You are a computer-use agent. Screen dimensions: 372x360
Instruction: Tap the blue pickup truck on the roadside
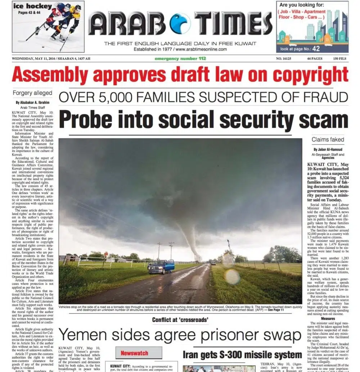tap(162, 267)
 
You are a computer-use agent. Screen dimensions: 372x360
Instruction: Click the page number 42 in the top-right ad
tap(316, 49)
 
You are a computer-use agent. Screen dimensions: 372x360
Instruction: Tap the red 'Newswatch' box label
tap(134, 353)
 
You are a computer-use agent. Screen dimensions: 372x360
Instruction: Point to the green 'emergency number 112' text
tap(180, 59)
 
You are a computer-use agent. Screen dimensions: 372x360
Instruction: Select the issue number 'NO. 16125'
tap(284, 59)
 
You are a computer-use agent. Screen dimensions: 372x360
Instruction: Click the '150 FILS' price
tap(340, 59)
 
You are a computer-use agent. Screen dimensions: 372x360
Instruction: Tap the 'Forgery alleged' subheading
tap(33, 93)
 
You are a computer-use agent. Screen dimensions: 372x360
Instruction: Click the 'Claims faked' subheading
tap(328, 139)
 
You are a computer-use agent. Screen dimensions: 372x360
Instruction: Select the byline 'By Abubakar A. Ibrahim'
tap(33, 102)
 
